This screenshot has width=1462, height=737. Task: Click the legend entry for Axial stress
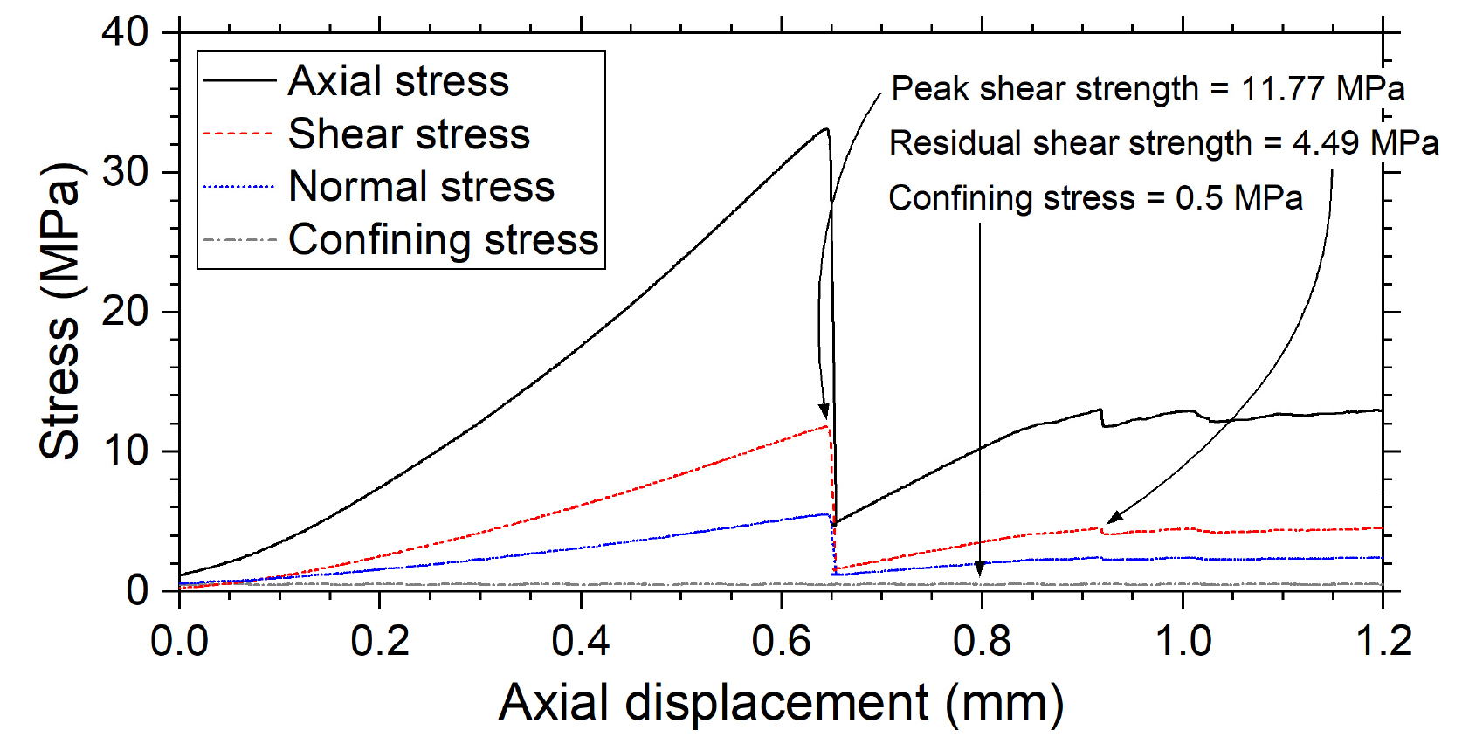point(398,81)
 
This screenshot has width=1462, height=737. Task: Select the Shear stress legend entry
point(409,134)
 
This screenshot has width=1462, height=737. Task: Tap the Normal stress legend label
point(421,187)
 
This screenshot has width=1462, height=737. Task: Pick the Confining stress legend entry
point(443,240)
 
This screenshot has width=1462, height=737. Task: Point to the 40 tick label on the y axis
point(126,32)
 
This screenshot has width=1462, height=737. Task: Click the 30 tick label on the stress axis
point(126,172)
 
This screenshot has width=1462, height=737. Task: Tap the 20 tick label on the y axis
point(126,312)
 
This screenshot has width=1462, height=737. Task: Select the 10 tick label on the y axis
point(126,451)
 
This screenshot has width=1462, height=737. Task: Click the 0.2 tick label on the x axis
point(379,642)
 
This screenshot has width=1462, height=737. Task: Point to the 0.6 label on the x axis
point(781,642)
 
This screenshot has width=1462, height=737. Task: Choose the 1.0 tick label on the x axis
point(1183,642)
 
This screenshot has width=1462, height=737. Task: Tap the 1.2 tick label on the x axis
point(1383,642)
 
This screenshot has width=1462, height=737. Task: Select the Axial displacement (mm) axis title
point(781,703)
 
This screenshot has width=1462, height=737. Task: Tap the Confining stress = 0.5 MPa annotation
point(1095,198)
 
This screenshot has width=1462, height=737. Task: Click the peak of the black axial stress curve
point(825,129)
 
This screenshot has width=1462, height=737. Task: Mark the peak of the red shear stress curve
point(826,426)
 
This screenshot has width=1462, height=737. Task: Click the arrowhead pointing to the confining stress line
point(980,569)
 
